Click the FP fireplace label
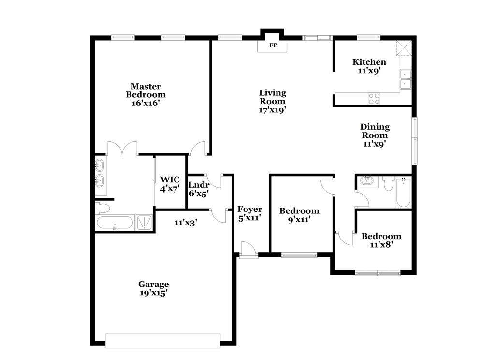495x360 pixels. (273, 45)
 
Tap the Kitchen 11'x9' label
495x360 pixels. (369, 66)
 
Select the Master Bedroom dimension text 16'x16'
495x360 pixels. (146, 103)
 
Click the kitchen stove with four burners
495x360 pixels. (374, 98)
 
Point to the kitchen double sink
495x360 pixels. (405, 79)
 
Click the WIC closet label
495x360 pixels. (170, 184)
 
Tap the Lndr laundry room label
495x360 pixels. (198, 189)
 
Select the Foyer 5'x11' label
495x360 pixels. (250, 213)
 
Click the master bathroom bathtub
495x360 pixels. (115, 223)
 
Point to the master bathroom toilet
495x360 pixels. (102, 208)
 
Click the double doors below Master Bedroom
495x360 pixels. (123, 148)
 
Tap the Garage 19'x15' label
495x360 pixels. (154, 288)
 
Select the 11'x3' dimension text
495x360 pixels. (186, 223)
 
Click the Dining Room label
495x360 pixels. (375, 135)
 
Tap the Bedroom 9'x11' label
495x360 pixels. (299, 215)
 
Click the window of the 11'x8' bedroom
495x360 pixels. (378, 273)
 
